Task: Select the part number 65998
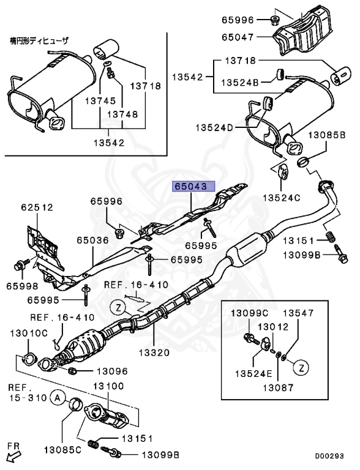pyautogui.click(x=23, y=285)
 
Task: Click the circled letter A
pyautogui.click(x=57, y=398)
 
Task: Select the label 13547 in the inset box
pyautogui.click(x=301, y=313)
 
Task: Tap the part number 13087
pyautogui.click(x=279, y=387)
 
